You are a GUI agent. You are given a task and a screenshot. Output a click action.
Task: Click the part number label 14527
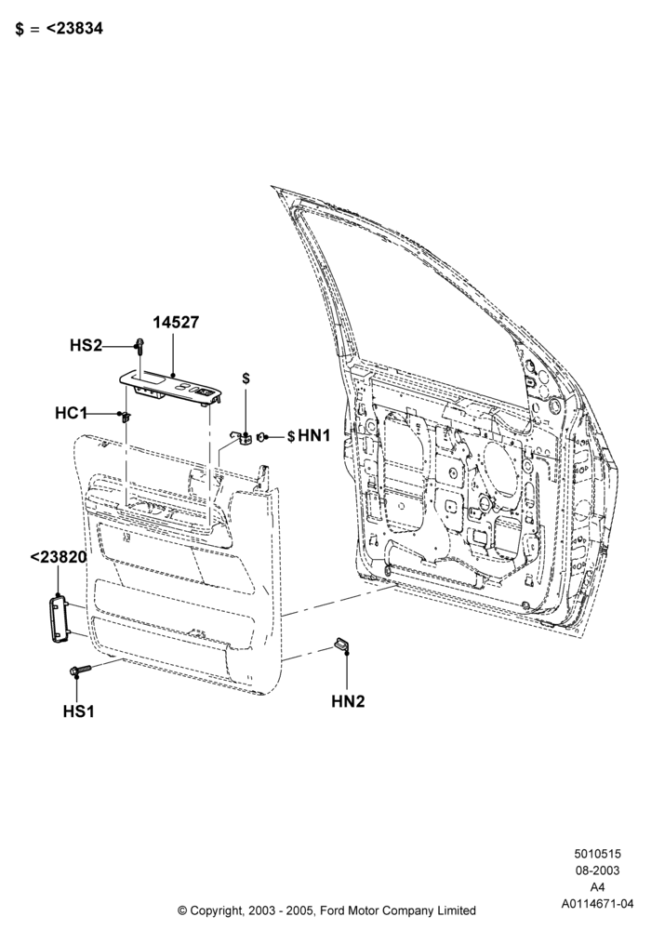176,323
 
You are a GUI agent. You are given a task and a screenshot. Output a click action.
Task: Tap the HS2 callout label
86,345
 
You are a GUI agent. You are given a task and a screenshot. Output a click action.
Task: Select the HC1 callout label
72,413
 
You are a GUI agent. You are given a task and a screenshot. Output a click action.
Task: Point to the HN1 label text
313,436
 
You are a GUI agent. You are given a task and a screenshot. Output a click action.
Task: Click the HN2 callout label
348,701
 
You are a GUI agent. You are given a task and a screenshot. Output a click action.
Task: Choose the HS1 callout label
79,711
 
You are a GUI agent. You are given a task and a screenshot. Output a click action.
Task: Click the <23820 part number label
58,557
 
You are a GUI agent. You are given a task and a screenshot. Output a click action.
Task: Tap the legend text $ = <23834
59,29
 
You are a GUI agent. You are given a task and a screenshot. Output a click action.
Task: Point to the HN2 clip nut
342,643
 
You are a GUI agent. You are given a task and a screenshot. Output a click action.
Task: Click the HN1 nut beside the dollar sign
261,437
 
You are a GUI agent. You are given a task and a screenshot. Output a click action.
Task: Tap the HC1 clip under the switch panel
126,417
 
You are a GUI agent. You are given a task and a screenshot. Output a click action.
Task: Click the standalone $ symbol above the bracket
246,379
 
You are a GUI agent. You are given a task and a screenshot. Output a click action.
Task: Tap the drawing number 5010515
597,854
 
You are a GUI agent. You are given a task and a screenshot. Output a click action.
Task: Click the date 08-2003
597,870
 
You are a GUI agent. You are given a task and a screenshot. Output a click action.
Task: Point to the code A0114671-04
598,904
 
